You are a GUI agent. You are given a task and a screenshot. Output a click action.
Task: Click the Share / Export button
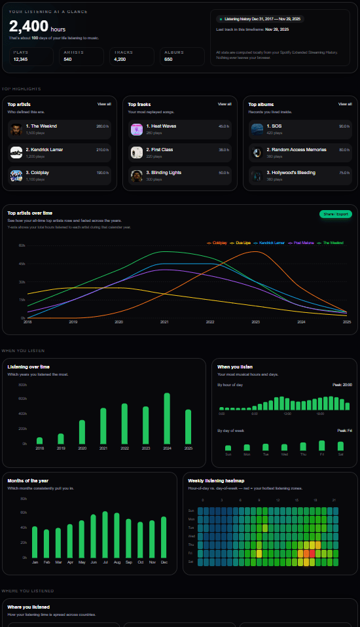[x=336, y=214]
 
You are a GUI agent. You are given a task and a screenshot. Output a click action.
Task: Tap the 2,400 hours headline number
[x=29, y=26]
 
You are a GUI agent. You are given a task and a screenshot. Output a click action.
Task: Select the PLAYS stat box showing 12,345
[x=30, y=56]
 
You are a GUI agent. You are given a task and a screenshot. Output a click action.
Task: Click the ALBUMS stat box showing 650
[x=183, y=56]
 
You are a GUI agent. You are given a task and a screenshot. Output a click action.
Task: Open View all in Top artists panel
[x=105, y=104]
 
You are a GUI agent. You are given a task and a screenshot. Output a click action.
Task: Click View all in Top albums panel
[x=345, y=104]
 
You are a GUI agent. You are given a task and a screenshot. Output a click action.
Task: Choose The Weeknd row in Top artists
[x=59, y=129]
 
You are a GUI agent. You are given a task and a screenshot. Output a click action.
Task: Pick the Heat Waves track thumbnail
[x=136, y=129]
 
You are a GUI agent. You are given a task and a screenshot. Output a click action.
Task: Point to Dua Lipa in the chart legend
[x=243, y=243]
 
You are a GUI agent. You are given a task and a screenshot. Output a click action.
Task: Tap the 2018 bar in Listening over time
[x=39, y=440]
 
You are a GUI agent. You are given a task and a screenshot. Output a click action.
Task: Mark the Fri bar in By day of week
[x=322, y=446]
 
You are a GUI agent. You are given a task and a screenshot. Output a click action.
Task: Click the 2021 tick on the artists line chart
[x=164, y=322]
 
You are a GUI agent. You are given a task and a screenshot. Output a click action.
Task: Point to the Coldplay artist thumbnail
[x=16, y=176]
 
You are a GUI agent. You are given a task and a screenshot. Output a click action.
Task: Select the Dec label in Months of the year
[x=164, y=562]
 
